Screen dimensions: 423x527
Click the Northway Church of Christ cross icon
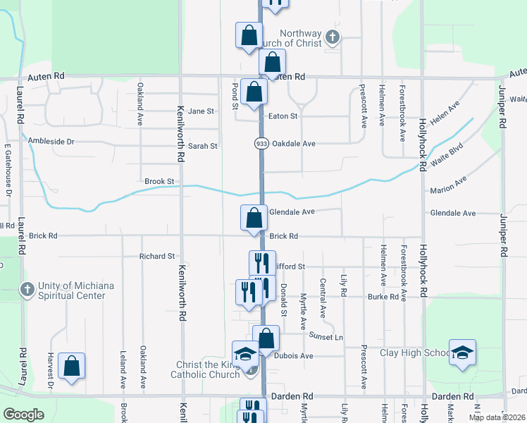[x=333, y=36]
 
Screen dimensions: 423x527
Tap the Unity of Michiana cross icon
[x=27, y=290]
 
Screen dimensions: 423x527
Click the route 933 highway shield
[x=261, y=143]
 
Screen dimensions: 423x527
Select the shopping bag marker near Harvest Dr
[x=71, y=366]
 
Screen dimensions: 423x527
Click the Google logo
[x=23, y=414]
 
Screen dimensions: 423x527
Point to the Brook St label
[x=159, y=182]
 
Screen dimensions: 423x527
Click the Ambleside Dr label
[x=51, y=141]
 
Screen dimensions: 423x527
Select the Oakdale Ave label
[x=293, y=143]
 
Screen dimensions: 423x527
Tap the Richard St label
[x=156, y=257]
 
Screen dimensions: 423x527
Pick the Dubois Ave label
[x=297, y=356]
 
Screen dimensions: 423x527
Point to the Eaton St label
[x=283, y=116]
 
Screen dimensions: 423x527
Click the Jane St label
[x=200, y=111]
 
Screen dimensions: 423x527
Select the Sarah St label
[x=203, y=146]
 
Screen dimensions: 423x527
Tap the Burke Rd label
[x=383, y=297]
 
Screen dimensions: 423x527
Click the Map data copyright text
[x=496, y=417]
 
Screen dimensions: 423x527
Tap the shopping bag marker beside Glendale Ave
[x=254, y=217]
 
